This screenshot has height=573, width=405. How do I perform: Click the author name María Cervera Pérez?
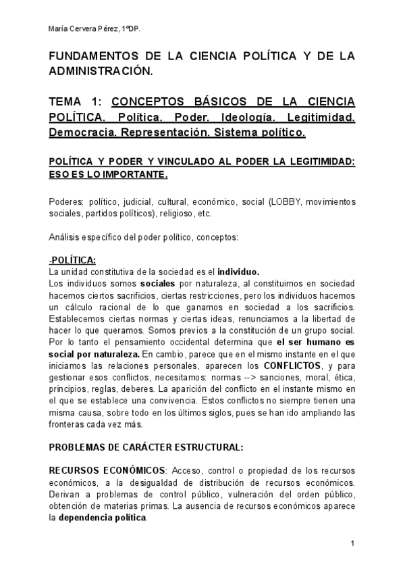point(84,29)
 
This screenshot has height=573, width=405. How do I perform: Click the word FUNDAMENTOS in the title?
point(92,56)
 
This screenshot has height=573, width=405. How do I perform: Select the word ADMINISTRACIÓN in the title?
point(101,70)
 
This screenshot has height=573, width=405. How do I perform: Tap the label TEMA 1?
point(76,102)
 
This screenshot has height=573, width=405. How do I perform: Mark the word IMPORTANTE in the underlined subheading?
point(132,175)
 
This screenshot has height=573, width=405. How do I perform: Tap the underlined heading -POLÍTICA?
point(72,260)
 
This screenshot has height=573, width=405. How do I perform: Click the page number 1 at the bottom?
point(353,544)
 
